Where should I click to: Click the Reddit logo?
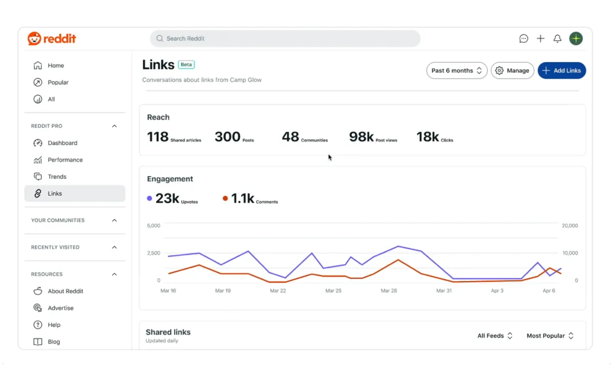click(52, 39)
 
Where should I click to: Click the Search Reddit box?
click(285, 39)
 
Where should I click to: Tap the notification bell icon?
click(557, 39)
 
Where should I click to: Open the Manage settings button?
click(512, 70)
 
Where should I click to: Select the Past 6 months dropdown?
click(457, 70)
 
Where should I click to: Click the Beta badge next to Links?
click(186, 65)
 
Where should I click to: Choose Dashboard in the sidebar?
click(62, 143)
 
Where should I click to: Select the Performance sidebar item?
click(65, 160)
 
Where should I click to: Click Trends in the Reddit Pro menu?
click(57, 177)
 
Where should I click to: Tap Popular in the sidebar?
click(58, 82)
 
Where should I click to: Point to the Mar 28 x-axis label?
click(389, 291)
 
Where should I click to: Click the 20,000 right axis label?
click(570, 226)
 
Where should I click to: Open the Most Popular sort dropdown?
click(550, 336)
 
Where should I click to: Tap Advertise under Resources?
click(60, 308)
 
